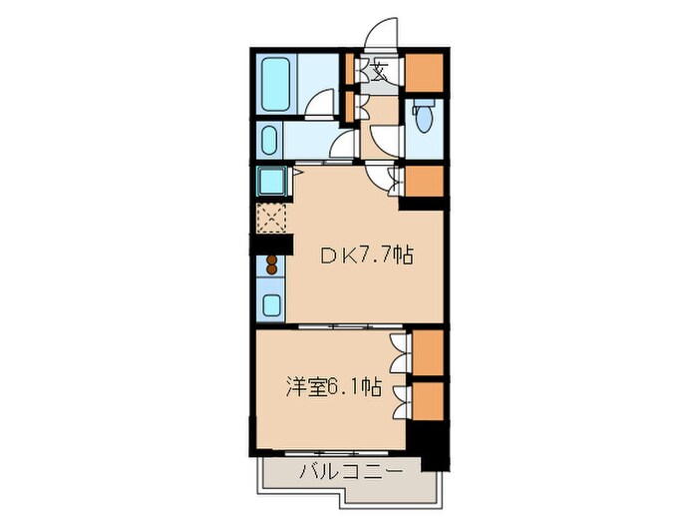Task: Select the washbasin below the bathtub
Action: tap(269, 140)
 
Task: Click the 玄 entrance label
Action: tap(381, 72)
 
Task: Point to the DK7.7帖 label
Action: tap(365, 256)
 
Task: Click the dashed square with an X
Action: tap(271, 216)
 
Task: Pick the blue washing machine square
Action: tap(271, 182)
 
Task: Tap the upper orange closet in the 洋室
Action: tap(427, 352)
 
